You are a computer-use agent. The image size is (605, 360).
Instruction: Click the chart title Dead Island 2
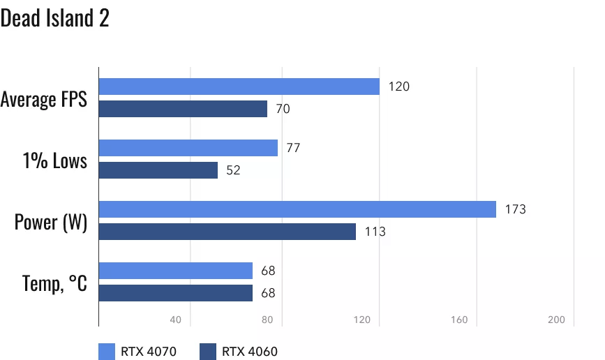[x=54, y=19]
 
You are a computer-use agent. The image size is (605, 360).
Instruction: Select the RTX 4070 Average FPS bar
[x=239, y=87]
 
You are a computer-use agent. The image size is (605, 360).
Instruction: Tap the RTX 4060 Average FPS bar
[x=183, y=109]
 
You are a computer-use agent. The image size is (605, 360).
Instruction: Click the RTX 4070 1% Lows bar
[x=188, y=148]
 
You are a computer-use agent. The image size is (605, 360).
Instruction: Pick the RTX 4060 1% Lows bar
[x=158, y=170]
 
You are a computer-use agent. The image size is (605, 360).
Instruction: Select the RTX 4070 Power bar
[x=297, y=209]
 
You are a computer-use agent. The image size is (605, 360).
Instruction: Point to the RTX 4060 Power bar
[x=227, y=232]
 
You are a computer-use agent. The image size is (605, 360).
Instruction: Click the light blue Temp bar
[x=176, y=271]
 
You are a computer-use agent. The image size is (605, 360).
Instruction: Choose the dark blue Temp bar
[x=176, y=293]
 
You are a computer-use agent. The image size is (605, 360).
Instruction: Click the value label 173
[x=516, y=209]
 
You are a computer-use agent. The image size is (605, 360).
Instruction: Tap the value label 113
[x=375, y=232]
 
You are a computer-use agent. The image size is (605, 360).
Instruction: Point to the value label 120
[x=399, y=87]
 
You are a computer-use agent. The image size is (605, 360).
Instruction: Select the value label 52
[x=233, y=170]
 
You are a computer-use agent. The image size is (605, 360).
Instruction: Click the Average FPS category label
[x=44, y=100]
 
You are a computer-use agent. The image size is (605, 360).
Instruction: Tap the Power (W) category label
[x=51, y=223]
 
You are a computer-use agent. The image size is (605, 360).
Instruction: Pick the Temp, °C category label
[x=54, y=284]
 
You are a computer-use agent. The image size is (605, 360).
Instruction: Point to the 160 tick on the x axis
[x=458, y=320]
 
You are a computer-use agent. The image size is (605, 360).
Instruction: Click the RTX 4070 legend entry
[x=137, y=352]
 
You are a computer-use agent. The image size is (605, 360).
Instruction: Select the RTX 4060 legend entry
[x=238, y=352]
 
